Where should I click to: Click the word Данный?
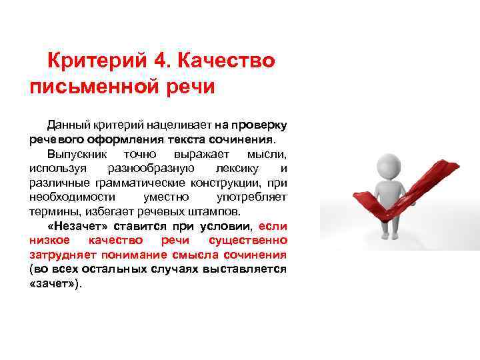66,125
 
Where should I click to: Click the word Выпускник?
71,153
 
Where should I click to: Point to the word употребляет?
252,197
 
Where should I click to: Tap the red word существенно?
248,241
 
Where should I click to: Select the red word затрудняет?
57,255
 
